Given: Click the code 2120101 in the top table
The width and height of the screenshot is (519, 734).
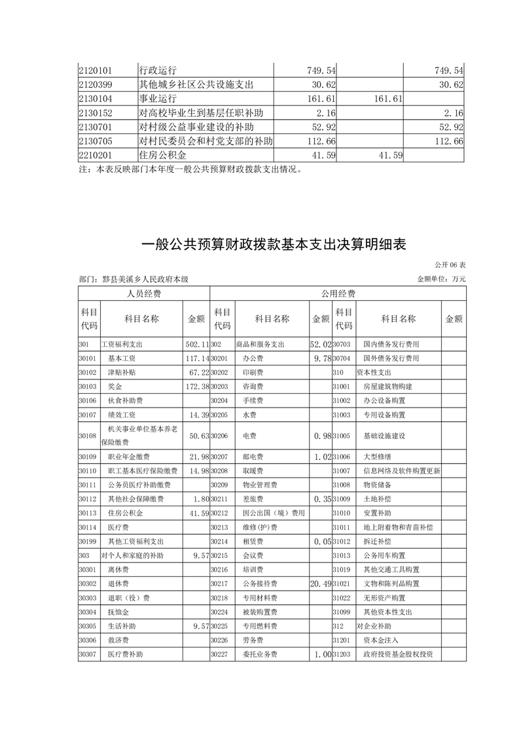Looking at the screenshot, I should click(x=96, y=70).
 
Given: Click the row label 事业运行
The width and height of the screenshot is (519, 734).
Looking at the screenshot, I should click(x=158, y=98).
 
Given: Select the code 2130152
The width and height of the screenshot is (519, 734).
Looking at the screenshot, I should click(x=96, y=113).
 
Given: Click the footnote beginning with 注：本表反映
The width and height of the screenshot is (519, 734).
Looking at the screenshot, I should click(x=190, y=169).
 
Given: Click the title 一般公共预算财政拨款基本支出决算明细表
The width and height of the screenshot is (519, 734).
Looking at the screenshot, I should click(x=274, y=245).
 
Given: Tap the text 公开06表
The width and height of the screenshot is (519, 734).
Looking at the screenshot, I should click(x=450, y=265).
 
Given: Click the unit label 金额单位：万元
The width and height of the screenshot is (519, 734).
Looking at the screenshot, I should click(x=442, y=279).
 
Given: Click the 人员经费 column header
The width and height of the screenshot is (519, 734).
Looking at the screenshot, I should click(x=143, y=294).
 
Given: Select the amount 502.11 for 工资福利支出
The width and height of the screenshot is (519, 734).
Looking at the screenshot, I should click(x=196, y=344).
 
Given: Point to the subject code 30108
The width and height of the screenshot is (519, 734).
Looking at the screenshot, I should click(x=87, y=435).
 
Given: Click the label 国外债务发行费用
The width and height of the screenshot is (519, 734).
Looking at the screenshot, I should click(x=391, y=358).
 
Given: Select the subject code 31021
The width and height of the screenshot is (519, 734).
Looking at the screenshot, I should click(x=342, y=584).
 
